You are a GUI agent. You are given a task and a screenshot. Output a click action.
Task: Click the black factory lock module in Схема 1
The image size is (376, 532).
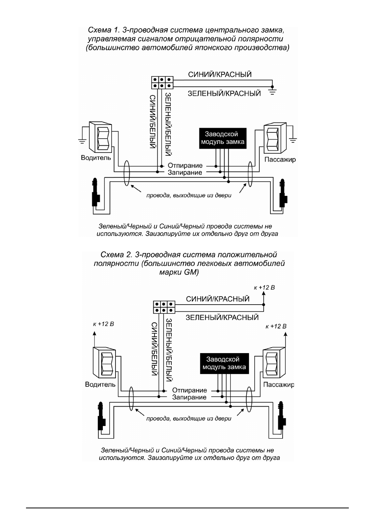223,138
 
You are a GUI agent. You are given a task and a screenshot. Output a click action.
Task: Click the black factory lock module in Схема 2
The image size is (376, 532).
224,363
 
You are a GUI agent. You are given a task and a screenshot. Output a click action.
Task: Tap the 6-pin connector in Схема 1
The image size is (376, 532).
162,82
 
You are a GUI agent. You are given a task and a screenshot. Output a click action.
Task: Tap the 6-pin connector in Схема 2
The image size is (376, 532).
164,307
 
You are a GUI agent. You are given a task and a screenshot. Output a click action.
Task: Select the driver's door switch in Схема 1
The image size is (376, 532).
100,137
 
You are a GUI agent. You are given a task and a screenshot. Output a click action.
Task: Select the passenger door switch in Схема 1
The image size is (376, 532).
275,138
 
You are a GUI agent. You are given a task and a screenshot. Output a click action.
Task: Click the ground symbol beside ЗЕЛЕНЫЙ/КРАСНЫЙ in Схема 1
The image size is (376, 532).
272,92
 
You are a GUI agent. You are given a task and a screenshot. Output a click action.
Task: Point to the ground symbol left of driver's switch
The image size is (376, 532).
82,141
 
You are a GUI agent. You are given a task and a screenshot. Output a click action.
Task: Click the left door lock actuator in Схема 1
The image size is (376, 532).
96,192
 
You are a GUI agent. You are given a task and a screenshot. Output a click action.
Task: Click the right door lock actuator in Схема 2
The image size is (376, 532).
281,416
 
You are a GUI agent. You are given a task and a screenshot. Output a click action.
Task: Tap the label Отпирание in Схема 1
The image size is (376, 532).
185,165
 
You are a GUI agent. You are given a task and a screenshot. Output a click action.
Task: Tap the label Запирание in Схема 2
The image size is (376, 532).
189,397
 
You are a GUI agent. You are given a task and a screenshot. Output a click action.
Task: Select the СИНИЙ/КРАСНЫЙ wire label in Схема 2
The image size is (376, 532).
218,299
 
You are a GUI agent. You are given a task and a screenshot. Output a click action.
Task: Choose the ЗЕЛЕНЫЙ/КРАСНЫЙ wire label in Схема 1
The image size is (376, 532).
224,93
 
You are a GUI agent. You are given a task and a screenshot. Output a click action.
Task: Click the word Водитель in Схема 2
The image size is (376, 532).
100,384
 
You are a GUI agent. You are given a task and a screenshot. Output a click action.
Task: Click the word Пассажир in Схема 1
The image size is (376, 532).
280,159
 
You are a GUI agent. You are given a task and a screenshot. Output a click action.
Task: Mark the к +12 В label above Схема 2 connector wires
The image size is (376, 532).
264,288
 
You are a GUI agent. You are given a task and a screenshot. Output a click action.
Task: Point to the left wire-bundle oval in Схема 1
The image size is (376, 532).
127,173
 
